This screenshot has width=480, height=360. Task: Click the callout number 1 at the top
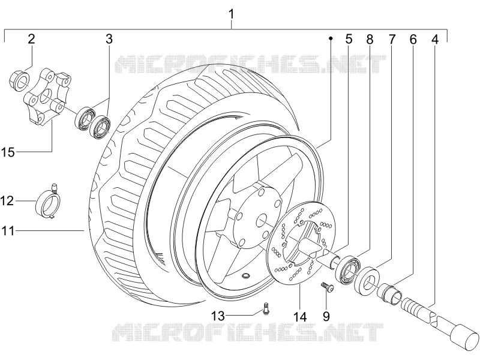pos(232,14)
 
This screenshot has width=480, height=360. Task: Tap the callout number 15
pos(8,152)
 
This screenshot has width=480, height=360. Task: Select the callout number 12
pos(7,201)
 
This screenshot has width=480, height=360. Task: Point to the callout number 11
pos(8,230)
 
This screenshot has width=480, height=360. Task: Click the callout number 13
pos(218,316)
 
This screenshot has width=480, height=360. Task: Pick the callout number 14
pos(299,317)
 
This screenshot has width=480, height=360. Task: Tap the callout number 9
pos(326,317)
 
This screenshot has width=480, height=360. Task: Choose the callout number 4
pos(435,39)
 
